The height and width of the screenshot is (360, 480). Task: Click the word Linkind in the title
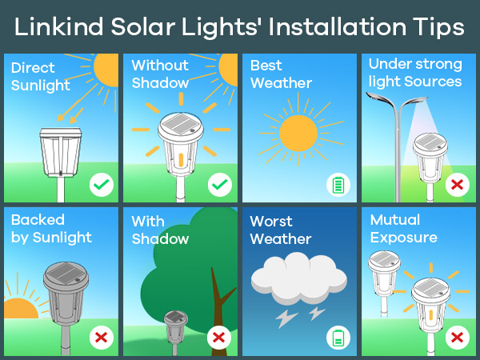click(58, 27)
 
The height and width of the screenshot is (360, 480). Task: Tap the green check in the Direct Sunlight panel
click(102, 185)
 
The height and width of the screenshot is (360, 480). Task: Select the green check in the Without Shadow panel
click(220, 185)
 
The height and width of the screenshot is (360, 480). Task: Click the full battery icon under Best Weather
click(338, 185)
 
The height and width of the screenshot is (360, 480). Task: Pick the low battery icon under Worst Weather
click(338, 338)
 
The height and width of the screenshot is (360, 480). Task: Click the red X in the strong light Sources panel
click(458, 185)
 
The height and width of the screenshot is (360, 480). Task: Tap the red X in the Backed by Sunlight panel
click(102, 338)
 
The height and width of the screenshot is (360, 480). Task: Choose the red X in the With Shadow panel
click(219, 338)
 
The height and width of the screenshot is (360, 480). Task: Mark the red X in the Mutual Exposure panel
click(458, 338)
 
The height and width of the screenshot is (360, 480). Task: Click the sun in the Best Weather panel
click(298, 133)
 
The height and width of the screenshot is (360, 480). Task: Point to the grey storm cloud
click(298, 278)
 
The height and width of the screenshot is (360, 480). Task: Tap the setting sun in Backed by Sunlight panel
click(21, 309)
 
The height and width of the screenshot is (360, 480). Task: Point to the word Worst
click(271, 222)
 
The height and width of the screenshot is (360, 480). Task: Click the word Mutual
click(395, 220)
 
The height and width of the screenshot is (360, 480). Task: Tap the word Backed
click(38, 220)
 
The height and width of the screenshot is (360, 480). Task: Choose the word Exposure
click(404, 238)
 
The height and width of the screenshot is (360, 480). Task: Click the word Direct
click(33, 68)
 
